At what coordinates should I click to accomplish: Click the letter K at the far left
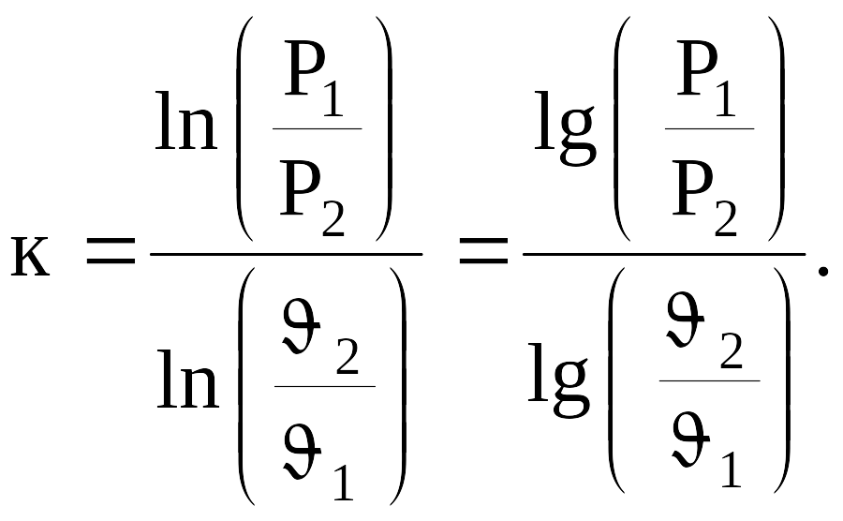point(30,257)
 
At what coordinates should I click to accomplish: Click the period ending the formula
point(823,271)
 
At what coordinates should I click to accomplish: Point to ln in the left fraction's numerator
point(186,121)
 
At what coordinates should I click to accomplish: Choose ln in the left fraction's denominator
point(187,380)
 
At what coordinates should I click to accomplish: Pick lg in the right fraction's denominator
point(559,380)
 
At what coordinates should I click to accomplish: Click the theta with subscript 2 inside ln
point(301,326)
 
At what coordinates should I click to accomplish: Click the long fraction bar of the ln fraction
point(286,254)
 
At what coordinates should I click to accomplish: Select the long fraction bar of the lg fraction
point(664,254)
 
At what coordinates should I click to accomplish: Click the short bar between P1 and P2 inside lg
point(709,129)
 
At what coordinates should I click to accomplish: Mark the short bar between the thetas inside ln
point(325,386)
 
